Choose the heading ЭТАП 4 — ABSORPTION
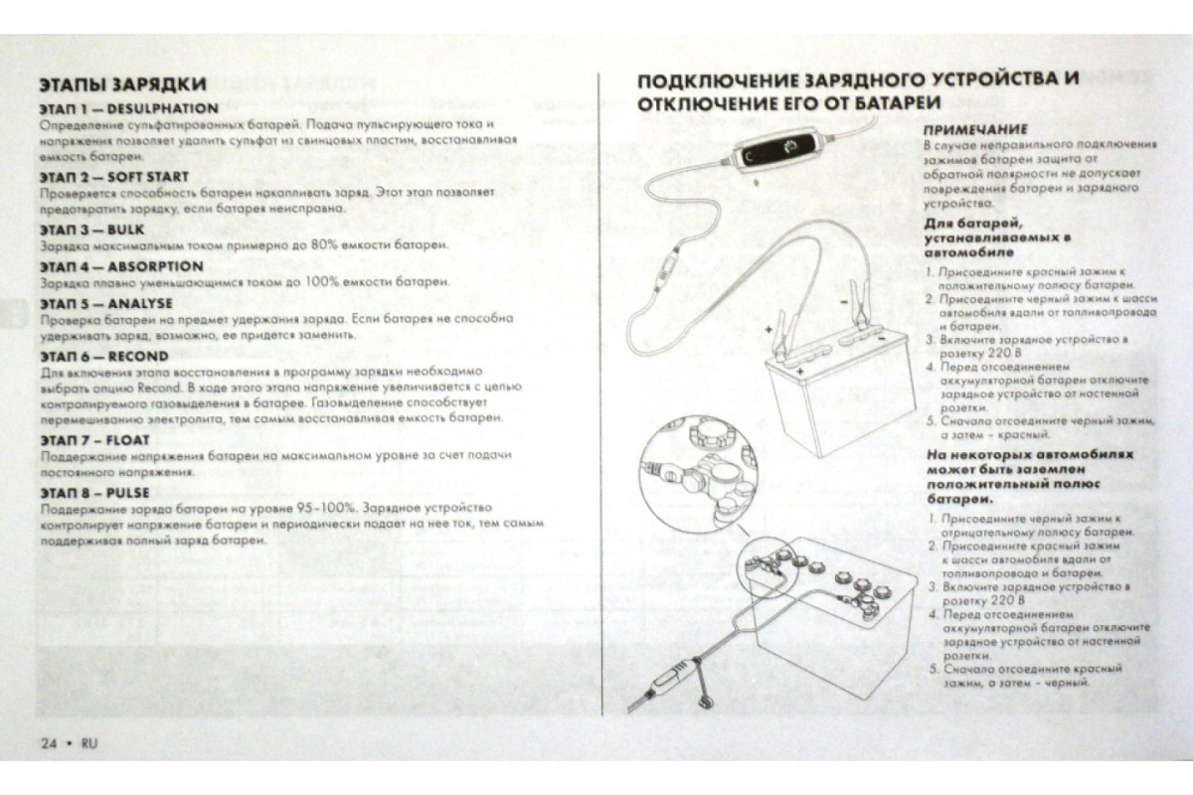pos(121,266)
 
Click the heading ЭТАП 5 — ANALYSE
pos(106,302)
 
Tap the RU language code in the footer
pos(89,743)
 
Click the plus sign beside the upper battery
pos(768,326)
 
